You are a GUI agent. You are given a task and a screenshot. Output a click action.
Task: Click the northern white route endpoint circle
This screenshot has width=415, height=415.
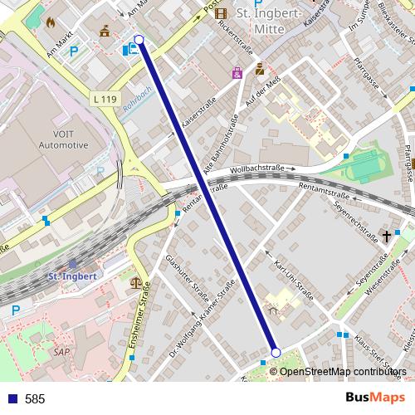click(x=139, y=40)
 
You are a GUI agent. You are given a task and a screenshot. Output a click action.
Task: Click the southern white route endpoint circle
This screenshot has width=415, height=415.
click(x=276, y=353)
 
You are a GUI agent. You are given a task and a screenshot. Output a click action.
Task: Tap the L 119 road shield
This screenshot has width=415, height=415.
click(x=105, y=99)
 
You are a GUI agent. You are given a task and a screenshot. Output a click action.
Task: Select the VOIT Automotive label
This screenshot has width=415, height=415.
click(x=63, y=139)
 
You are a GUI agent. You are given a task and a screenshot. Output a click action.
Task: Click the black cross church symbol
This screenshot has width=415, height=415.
click(x=386, y=237)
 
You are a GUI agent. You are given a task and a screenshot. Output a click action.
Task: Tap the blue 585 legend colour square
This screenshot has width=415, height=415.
click(x=12, y=398)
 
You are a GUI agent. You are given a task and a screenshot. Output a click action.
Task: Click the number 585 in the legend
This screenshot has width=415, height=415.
click(x=35, y=398)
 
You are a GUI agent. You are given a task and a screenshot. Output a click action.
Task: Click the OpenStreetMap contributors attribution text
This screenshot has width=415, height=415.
click(x=343, y=371)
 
